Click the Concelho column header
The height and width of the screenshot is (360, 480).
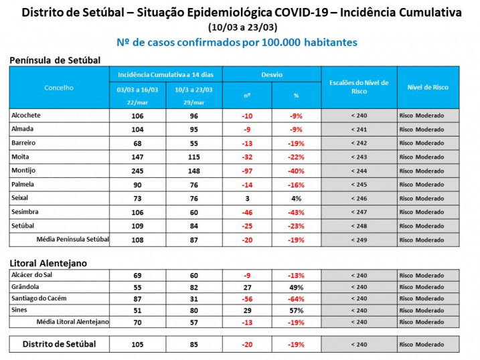(x=59, y=88)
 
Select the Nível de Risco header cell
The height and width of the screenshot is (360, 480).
(x=428, y=88)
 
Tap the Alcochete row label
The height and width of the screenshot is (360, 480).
(x=26, y=115)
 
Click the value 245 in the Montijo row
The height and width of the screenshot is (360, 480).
(x=139, y=171)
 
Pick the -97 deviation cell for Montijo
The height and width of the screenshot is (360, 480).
(x=247, y=171)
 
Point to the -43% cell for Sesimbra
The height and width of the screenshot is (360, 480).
(x=297, y=213)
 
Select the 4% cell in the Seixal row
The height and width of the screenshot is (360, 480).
(x=297, y=199)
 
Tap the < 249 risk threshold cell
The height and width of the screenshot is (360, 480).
(x=359, y=240)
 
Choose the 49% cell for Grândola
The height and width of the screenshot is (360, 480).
(x=297, y=287)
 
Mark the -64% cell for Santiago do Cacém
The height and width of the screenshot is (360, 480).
(x=297, y=298)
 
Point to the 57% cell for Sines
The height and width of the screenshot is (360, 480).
(x=297, y=310)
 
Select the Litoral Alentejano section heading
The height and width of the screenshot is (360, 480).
(x=48, y=263)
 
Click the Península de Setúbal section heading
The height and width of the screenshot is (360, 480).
(x=55, y=60)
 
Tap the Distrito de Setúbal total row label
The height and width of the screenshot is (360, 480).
(x=60, y=344)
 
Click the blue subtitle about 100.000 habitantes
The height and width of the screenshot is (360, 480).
(x=237, y=42)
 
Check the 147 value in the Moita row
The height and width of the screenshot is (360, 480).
(x=139, y=157)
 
